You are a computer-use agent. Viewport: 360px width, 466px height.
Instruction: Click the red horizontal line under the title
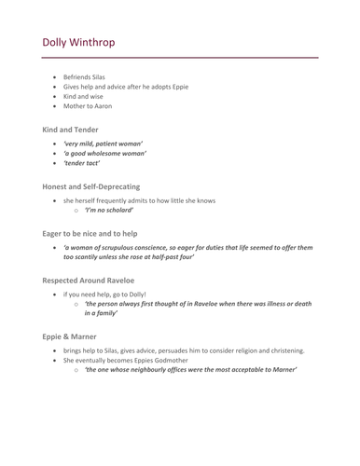(180, 58)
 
